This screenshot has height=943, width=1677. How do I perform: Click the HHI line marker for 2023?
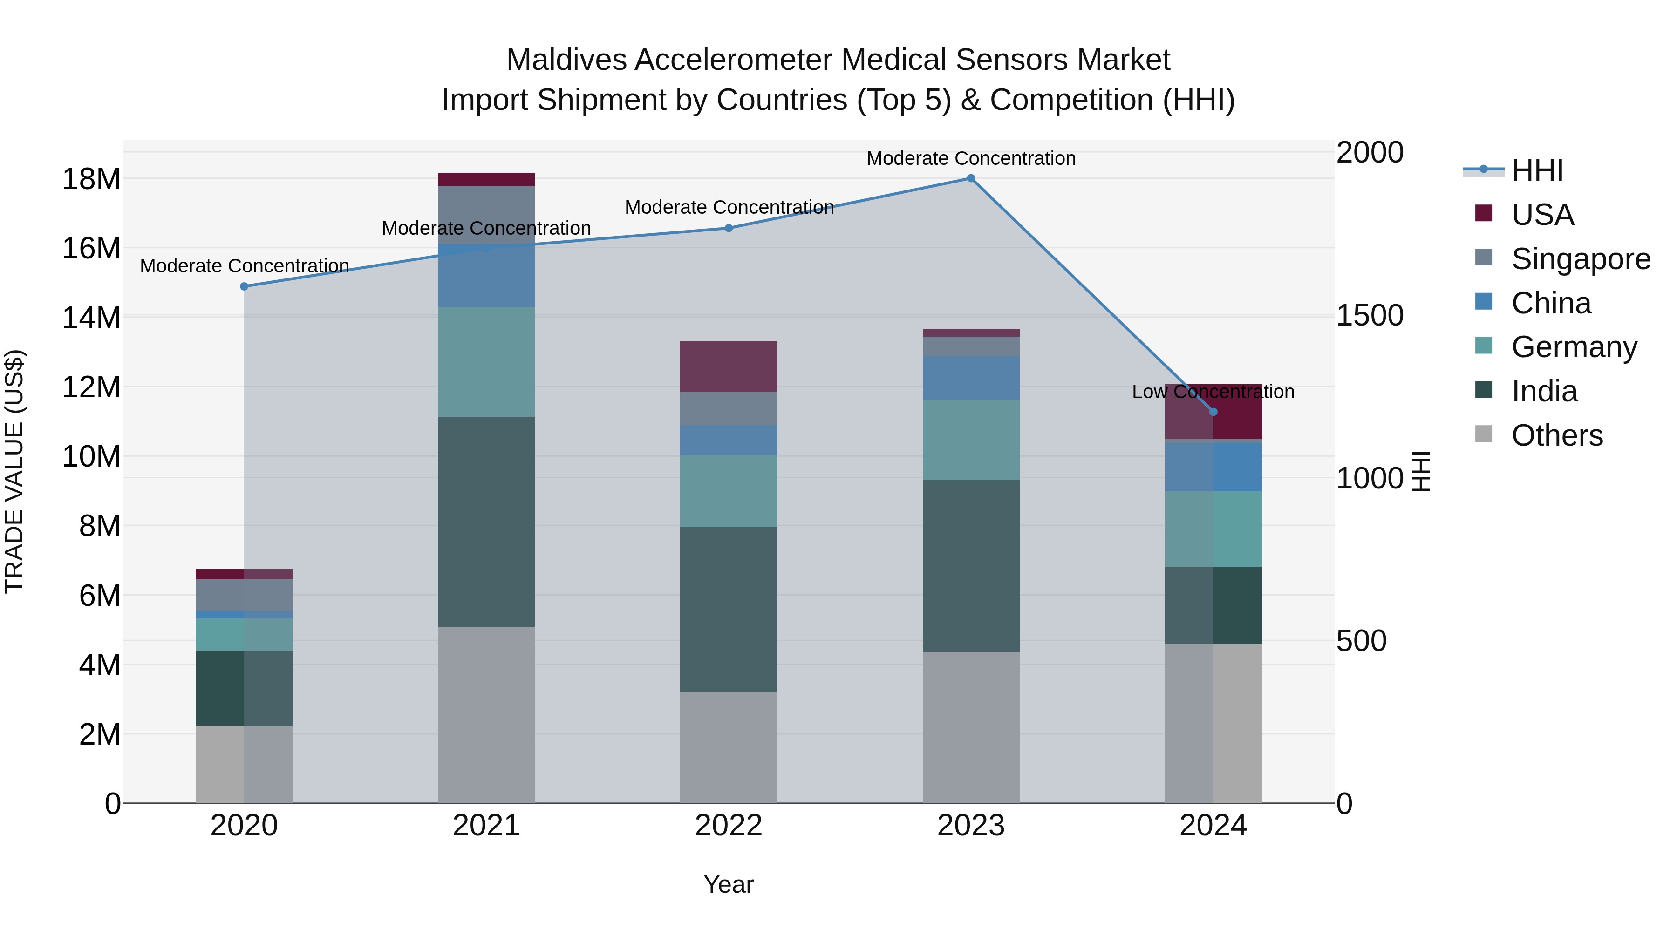tap(971, 178)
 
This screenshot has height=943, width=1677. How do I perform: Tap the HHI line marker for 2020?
tap(244, 286)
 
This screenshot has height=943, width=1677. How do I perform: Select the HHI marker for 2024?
tap(1213, 412)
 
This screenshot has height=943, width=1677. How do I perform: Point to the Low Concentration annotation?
tap(1213, 392)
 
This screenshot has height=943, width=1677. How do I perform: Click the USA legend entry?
tap(1541, 215)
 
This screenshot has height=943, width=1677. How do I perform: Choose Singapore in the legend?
tap(1580, 259)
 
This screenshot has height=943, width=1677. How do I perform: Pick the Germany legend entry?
tap(1574, 347)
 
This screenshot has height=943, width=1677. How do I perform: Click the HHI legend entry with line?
tap(1536, 170)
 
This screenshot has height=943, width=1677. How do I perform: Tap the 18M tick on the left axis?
tap(91, 179)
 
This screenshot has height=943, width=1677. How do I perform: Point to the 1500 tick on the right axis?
tap(1370, 316)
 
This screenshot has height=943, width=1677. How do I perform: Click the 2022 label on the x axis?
tap(729, 826)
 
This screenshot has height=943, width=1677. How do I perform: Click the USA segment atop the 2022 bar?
tap(729, 366)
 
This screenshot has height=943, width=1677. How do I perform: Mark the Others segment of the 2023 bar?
tap(971, 727)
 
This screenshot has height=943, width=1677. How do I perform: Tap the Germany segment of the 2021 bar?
tap(486, 362)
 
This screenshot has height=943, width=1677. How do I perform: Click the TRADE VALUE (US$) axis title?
tap(14, 471)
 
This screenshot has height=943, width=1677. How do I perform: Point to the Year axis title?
tap(729, 884)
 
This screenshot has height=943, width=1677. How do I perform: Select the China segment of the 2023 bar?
tap(971, 378)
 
